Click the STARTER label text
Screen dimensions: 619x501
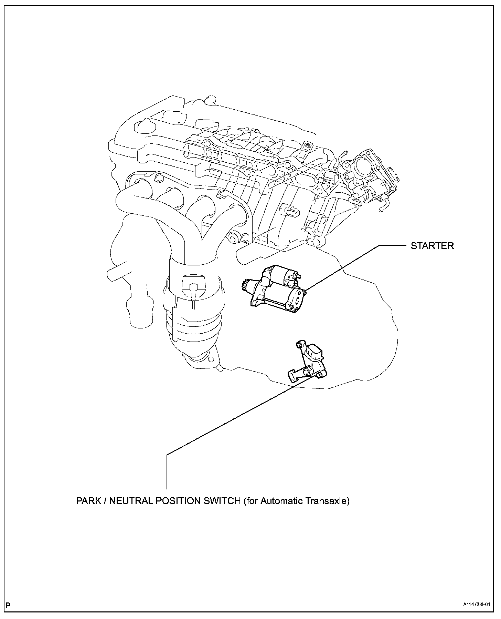(x=432, y=246)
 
